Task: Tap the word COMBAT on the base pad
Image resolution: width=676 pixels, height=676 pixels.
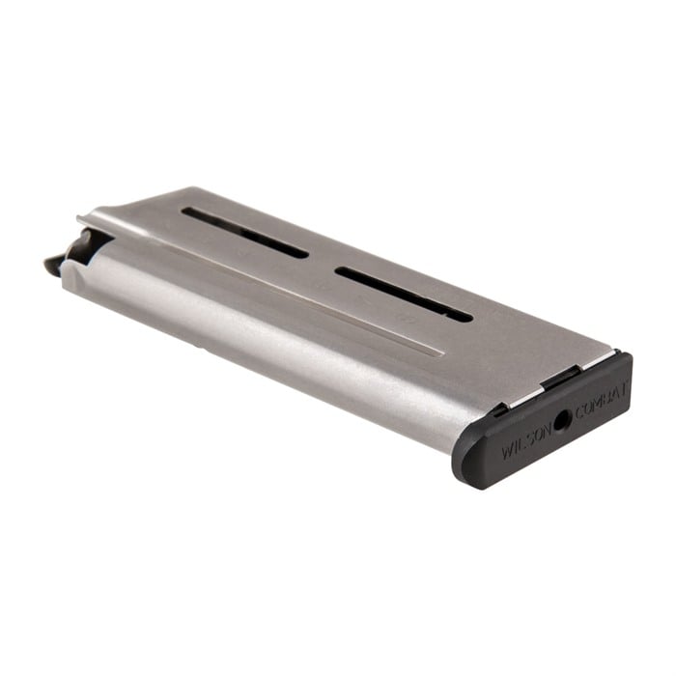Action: [x=601, y=402]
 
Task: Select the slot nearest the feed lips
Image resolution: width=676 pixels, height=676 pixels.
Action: [x=245, y=233]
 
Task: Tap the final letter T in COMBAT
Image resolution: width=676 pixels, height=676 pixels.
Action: [x=623, y=392]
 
